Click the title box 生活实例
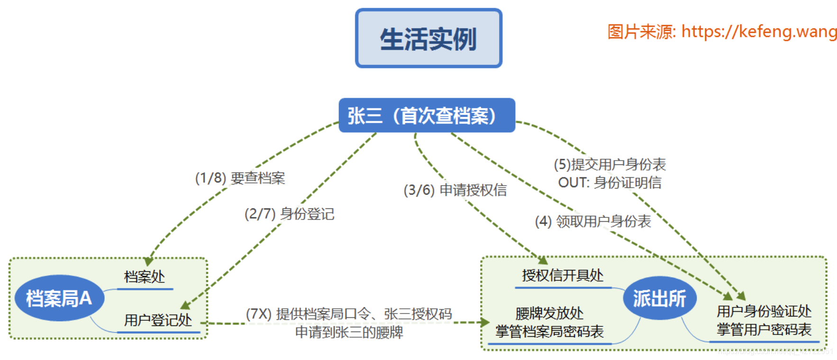pyautogui.click(x=428, y=38)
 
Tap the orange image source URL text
pyautogui.click(x=722, y=32)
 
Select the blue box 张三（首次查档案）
pyautogui.click(x=427, y=115)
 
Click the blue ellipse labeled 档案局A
pyautogui.click(x=59, y=298)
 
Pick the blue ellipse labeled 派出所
pyautogui.click(x=659, y=298)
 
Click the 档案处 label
pyautogui.click(x=145, y=277)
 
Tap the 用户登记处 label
pyautogui.click(x=158, y=320)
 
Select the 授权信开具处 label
pyautogui.click(x=563, y=275)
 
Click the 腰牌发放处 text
pyautogui.click(x=549, y=313)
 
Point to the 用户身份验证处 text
pyautogui.click(x=764, y=311)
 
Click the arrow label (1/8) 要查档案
pyautogui.click(x=240, y=178)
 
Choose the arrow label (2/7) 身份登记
pyautogui.click(x=289, y=214)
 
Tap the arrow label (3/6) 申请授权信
pyautogui.click(x=455, y=190)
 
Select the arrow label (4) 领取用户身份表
pyautogui.click(x=593, y=221)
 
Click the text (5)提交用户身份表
pyautogui.click(x=610, y=164)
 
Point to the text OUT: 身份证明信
pyautogui.click(x=610, y=182)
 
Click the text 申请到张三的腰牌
pyautogui.click(x=349, y=332)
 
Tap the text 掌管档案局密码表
pyautogui.click(x=549, y=331)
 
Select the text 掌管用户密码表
pyautogui.click(x=764, y=329)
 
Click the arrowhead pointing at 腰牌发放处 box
pyautogui.click(x=485, y=323)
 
